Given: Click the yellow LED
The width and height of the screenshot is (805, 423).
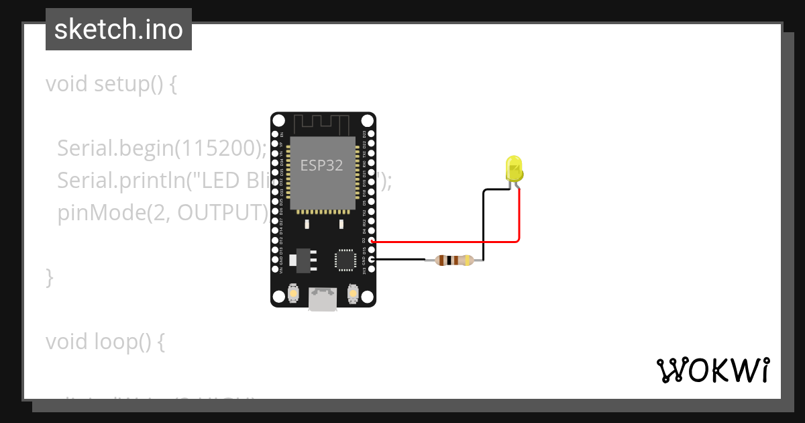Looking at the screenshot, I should (514, 169).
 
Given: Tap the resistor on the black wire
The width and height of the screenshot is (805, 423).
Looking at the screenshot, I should (454, 260).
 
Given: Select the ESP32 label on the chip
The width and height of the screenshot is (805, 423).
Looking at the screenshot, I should (321, 166).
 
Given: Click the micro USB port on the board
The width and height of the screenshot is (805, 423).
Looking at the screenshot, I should (323, 299).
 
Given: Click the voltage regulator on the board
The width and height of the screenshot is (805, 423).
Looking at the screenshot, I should (301, 258).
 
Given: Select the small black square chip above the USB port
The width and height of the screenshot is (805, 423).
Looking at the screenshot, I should (345, 260).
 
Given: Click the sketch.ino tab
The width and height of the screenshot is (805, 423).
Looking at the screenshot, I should (119, 30).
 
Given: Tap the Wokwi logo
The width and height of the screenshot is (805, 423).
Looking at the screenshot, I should (712, 370).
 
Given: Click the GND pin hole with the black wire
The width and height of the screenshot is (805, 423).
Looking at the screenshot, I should (371, 259).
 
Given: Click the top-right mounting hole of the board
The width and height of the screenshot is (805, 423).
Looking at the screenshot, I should (367, 121).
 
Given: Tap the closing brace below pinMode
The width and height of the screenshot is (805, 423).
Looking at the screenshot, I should (49, 277).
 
